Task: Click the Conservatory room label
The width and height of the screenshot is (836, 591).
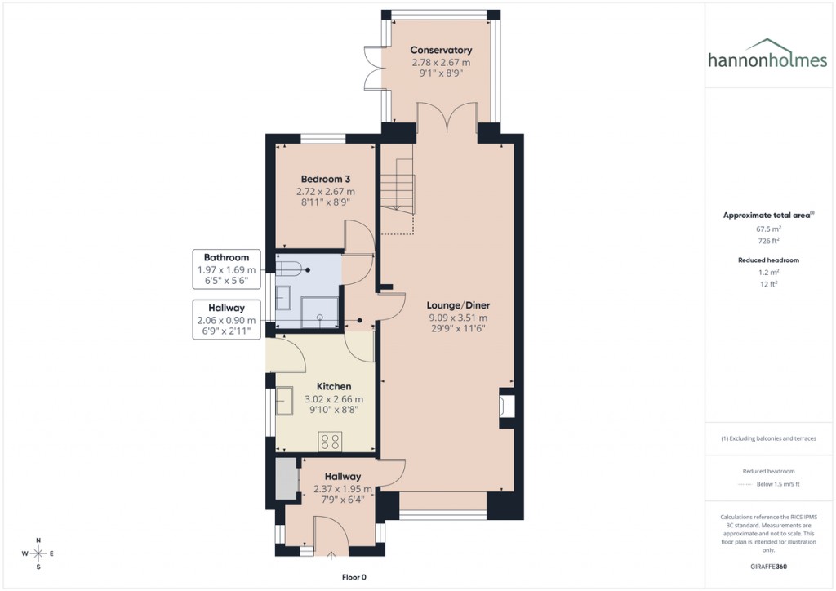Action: pos(441,51)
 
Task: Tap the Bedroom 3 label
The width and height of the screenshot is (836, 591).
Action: pos(325,180)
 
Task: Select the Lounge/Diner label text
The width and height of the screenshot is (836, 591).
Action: pos(457,305)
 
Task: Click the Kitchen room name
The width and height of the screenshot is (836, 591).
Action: pos(334,386)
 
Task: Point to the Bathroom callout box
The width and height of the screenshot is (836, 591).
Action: pos(226,269)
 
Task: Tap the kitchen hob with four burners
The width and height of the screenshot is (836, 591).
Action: pos(331,442)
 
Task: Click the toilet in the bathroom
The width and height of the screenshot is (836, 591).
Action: pos(289,267)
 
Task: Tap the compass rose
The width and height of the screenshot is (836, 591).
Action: pos(38,554)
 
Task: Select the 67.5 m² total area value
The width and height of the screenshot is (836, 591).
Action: pos(768,229)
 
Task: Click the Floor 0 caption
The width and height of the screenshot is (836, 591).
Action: pos(354,577)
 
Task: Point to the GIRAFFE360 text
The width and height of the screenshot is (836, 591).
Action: pos(769,566)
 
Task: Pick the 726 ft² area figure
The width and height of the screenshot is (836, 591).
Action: pos(768,242)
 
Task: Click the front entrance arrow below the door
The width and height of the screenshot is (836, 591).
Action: pos(331,557)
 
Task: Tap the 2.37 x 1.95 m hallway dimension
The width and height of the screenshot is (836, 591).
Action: pos(343,490)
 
